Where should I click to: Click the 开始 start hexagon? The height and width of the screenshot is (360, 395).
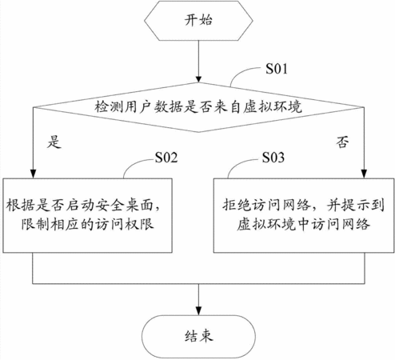pyautogui.click(x=198, y=21)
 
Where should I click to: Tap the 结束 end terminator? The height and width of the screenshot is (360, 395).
pyautogui.click(x=198, y=337)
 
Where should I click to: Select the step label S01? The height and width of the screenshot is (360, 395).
pyautogui.click(x=277, y=69)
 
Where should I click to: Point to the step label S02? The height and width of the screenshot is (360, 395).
pyautogui.click(x=166, y=158)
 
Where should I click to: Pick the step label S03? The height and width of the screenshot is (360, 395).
pyautogui.click(x=273, y=158)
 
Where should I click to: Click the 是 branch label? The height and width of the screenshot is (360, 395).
pyautogui.click(x=54, y=142)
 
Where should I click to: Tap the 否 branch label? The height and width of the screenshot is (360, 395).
pyautogui.click(x=342, y=142)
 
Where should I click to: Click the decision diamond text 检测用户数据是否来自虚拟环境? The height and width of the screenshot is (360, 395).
pyautogui.click(x=198, y=107)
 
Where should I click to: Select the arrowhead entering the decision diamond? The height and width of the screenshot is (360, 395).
pyautogui.click(x=198, y=79)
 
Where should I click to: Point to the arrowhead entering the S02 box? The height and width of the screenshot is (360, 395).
pyautogui.click(x=33, y=174)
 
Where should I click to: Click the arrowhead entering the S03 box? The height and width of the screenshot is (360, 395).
pyautogui.click(x=365, y=174)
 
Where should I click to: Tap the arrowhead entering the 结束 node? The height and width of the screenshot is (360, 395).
pyautogui.click(x=198, y=311)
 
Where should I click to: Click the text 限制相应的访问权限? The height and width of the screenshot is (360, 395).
pyautogui.click(x=88, y=224)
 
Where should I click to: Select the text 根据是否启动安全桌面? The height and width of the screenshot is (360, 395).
pyautogui.click(x=80, y=206)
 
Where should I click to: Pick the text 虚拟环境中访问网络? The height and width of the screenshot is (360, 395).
pyautogui.click(x=304, y=224)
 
